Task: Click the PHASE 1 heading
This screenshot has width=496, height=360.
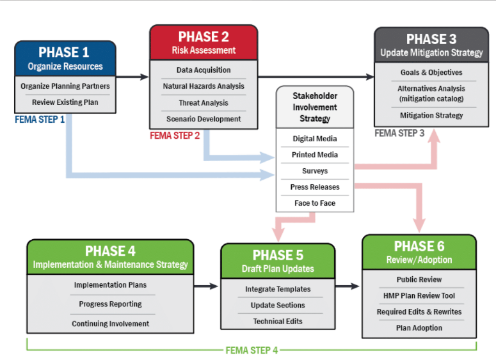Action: (x=64, y=52)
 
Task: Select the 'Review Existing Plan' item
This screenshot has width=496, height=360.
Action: (x=65, y=102)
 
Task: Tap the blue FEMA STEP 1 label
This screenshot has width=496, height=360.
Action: (x=40, y=120)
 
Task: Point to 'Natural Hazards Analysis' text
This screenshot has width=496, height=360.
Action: (x=204, y=86)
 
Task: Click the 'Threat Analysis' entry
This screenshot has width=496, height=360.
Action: (x=204, y=103)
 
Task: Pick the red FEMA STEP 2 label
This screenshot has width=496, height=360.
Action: (x=175, y=136)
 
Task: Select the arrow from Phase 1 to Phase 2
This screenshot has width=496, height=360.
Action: (x=132, y=77)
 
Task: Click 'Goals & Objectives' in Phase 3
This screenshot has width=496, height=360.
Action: (x=431, y=72)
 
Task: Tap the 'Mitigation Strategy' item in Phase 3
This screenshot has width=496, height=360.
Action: (x=431, y=115)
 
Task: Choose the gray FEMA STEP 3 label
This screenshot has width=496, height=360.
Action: (x=399, y=134)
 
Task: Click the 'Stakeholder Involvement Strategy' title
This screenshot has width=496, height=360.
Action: (x=315, y=107)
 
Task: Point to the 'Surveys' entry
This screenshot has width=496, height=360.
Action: (x=315, y=171)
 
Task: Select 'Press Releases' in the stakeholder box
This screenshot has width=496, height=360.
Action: (x=315, y=187)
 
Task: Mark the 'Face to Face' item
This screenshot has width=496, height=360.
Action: (x=315, y=203)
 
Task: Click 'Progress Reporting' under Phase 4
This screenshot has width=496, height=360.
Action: (x=110, y=304)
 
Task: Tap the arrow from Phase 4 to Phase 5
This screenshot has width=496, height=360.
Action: (x=206, y=286)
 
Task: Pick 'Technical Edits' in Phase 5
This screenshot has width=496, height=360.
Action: (x=278, y=322)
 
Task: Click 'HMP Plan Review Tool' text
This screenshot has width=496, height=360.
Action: (x=419, y=296)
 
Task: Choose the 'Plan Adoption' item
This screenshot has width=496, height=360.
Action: (x=419, y=328)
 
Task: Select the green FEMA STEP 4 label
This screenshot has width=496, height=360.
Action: (x=252, y=350)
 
